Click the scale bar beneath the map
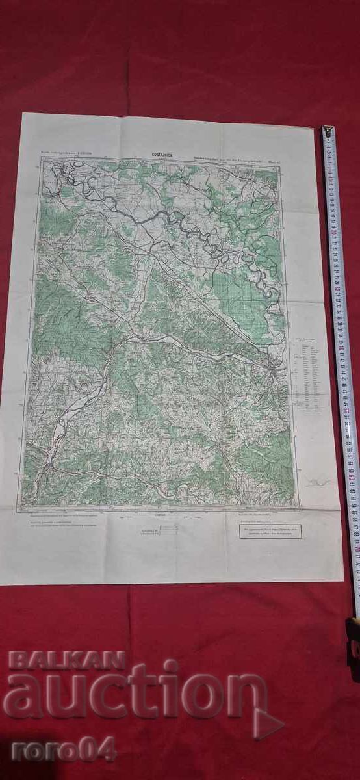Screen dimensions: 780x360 159,518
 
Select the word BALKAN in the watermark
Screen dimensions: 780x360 66,661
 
